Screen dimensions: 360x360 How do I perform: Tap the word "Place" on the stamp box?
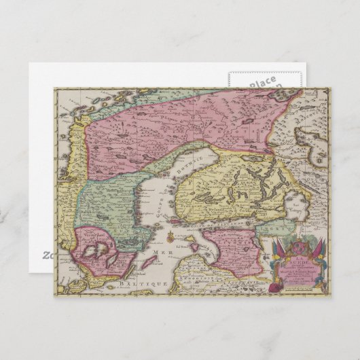click(x=262, y=82)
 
